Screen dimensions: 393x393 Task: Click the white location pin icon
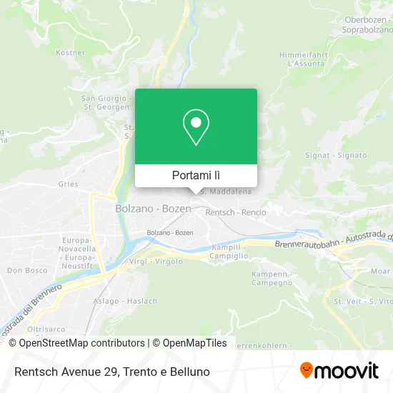pos(196,127)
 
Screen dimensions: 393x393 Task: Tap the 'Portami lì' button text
pos(196,175)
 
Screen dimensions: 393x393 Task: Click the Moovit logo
pos(339,371)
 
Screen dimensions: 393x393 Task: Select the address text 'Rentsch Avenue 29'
pos(64,372)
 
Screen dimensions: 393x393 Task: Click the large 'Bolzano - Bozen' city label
pos(153,209)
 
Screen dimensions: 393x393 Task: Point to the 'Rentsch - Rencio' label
pos(236,212)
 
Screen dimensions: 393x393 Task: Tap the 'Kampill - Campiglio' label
pos(230,251)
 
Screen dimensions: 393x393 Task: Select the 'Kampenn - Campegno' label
pos(272,279)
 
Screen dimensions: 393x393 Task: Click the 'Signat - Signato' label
pos(346,155)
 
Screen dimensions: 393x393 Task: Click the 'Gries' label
pos(69,184)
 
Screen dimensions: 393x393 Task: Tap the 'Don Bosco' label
pos(26,271)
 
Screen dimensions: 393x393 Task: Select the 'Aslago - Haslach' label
pos(125,301)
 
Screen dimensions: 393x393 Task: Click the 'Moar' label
pos(381,272)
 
